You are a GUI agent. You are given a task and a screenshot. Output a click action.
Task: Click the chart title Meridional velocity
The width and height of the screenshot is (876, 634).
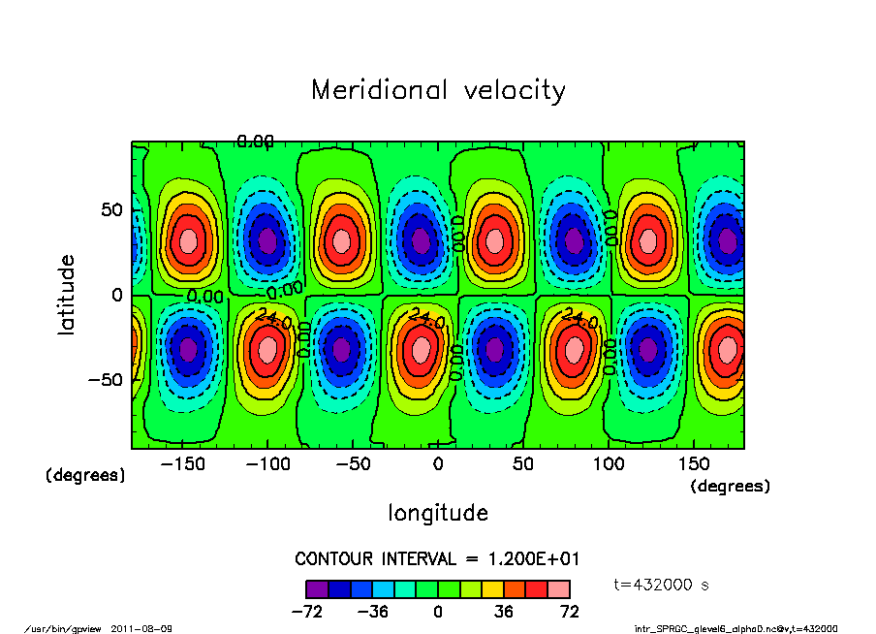point(438,90)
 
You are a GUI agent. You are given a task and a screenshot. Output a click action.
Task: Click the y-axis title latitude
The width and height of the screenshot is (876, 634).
point(67,295)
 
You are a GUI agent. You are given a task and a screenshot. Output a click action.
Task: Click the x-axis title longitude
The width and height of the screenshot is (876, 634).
point(438,513)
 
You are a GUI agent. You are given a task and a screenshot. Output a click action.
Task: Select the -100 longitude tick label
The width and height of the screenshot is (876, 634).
point(267,464)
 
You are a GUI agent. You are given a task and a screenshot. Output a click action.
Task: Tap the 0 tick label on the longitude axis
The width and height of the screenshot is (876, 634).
point(438,464)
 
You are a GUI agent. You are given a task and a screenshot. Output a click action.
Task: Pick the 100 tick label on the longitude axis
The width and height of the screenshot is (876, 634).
point(609,464)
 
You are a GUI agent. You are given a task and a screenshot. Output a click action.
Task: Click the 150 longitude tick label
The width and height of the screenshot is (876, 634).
point(694,464)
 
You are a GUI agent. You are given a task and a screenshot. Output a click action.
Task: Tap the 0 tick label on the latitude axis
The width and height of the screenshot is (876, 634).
point(115,295)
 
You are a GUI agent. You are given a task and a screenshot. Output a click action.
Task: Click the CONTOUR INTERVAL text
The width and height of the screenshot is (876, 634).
point(437,559)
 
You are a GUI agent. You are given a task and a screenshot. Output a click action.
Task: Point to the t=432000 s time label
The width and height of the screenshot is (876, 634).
point(664,585)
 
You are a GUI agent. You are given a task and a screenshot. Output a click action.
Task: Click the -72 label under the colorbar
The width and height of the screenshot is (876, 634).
point(306,612)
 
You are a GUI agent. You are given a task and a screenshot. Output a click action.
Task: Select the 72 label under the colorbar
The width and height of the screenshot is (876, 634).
point(570,612)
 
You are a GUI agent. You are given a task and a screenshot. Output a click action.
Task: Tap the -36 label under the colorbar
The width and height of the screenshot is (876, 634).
point(372,612)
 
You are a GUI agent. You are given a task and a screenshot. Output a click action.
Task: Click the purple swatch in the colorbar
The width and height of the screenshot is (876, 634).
point(317,588)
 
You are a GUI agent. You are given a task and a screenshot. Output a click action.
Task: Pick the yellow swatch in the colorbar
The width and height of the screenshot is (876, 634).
point(492,588)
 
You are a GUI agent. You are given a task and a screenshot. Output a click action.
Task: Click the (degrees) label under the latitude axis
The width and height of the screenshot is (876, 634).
point(86,476)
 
